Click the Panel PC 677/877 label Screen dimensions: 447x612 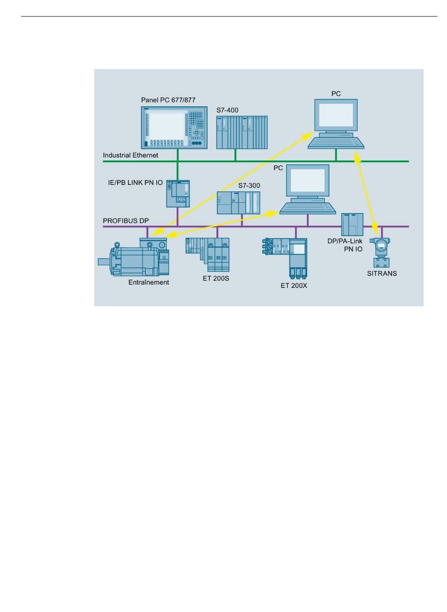tap(168, 100)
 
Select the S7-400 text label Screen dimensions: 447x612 tap(227, 110)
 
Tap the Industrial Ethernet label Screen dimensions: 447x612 tap(130, 155)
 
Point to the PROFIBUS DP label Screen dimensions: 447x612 tap(126, 221)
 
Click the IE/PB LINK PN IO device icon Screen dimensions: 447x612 tap(178, 194)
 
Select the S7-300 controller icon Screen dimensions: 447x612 tap(238, 203)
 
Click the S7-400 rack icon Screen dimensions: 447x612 tap(242, 133)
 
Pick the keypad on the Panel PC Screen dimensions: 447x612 tap(197, 126)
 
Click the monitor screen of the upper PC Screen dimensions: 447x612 tap(336, 115)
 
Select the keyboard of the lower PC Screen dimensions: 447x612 tap(307, 208)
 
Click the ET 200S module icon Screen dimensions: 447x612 tap(208, 254)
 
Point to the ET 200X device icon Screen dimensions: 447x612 tap(284, 258)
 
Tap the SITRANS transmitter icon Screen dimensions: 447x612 tap(380, 253)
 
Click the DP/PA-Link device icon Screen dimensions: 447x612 tap(352, 224)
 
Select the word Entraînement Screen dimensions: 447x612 tap(149, 282)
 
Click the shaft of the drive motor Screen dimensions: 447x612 tap(104, 262)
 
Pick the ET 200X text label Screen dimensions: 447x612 tap(294, 286)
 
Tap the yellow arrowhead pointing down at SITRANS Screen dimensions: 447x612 tap(375, 230)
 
